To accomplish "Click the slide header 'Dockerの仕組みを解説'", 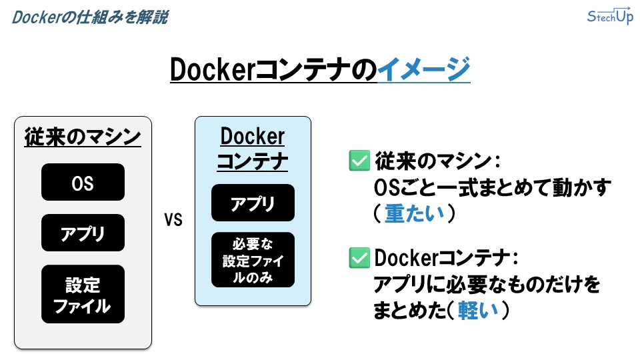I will tap(89, 17).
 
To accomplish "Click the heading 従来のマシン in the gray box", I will tap(83, 137).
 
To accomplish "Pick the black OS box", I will tap(83, 182).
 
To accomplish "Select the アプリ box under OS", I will tap(83, 233).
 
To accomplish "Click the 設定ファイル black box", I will tap(83, 294).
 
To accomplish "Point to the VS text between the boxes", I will tap(173, 220).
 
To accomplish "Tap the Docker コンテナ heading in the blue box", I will tap(253, 149).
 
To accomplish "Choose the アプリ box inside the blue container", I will tap(253, 203).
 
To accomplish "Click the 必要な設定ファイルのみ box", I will tap(253, 260).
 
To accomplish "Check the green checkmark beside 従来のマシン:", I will tap(359, 161).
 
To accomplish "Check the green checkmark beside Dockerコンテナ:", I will tap(359, 258).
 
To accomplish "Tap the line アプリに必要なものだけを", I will tap(486, 285).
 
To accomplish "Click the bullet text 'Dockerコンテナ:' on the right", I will tap(446, 258).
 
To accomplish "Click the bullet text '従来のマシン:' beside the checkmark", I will tap(437, 161).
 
